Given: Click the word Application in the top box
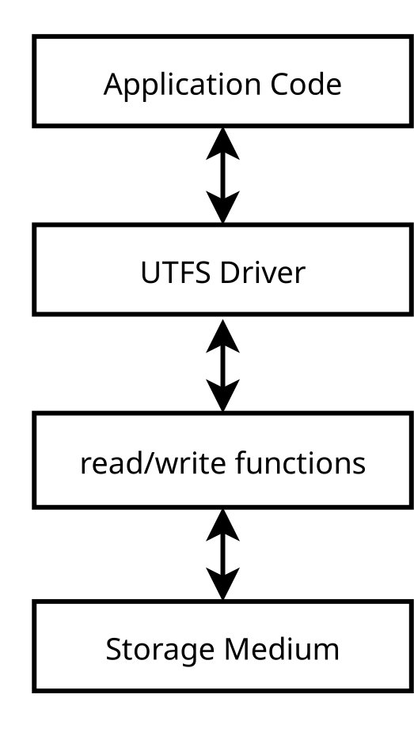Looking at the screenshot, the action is (x=182, y=85).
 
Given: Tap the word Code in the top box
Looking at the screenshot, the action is (x=306, y=85).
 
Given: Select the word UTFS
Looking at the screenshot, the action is (x=176, y=273).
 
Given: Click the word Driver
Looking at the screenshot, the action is (x=263, y=273).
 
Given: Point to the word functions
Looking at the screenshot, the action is (x=301, y=462).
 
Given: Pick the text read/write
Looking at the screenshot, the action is (x=153, y=463).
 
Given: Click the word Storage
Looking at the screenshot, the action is (x=160, y=650).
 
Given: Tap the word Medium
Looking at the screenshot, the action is (x=281, y=648).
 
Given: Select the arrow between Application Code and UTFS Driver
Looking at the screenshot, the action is (x=222, y=175).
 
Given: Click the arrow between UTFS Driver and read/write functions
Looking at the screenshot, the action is (x=222, y=365).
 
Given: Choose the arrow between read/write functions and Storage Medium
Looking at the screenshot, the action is (x=222, y=553).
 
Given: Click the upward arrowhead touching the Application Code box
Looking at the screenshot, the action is (x=222, y=144).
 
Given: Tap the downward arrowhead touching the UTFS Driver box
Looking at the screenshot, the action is (x=222, y=207).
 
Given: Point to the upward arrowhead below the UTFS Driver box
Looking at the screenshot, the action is (x=222, y=336).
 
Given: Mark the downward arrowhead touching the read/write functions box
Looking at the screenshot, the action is (x=222, y=395).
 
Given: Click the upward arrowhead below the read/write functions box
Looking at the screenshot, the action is (x=222, y=525).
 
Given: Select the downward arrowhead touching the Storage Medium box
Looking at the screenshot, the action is (x=222, y=583).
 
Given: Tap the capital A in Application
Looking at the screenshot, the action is (x=115, y=85).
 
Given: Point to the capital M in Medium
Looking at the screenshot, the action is (x=237, y=649).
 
